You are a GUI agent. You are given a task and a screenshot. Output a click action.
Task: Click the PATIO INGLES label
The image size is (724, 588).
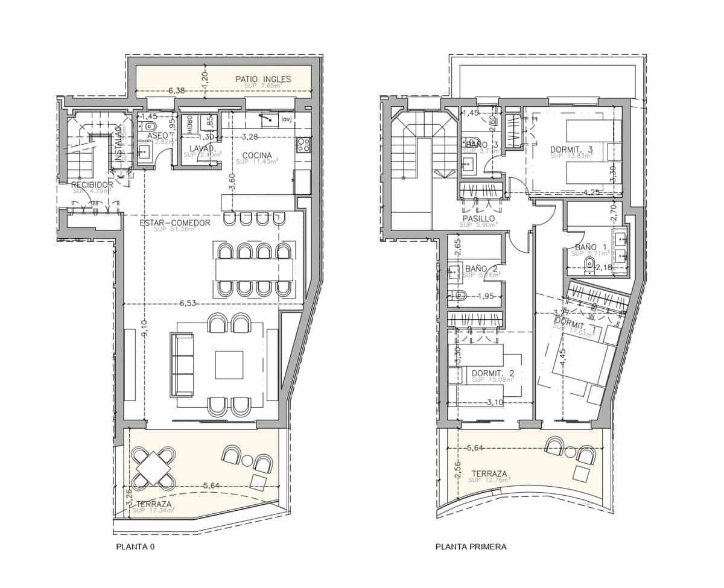coord(263,79)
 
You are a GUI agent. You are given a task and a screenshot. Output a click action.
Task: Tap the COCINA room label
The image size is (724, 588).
coord(257,154)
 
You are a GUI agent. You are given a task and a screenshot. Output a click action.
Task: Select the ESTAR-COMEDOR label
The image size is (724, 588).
coord(175,223)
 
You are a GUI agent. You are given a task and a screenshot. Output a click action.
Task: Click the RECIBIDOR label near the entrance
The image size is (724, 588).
coord(92,185)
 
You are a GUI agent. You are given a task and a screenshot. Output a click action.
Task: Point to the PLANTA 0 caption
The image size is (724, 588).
coord(133,548)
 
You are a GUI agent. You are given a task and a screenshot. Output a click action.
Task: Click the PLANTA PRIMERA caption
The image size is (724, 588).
coord(471,548)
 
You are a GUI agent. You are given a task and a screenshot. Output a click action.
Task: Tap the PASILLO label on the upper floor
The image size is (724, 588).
coord(479,218)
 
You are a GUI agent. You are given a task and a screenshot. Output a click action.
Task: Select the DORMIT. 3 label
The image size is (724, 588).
coord(571,149)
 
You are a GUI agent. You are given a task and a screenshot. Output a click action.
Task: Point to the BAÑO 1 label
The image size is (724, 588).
coord(591,247)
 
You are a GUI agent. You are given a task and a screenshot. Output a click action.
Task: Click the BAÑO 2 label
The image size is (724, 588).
coord(481,269)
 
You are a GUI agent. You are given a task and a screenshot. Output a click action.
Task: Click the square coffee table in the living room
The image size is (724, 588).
coord(229,365)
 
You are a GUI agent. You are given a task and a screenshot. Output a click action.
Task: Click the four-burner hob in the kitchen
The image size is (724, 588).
coord(303,145)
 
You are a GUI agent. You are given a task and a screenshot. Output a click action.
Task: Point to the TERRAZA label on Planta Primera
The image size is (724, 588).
coord(489,473)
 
